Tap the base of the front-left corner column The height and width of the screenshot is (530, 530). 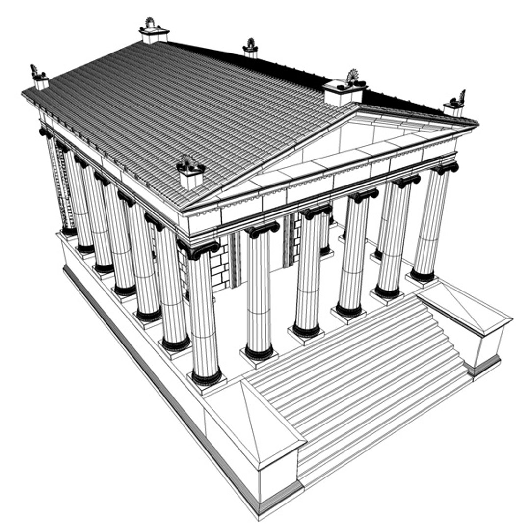coord(207,378)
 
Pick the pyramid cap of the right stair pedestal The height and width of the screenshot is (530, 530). coord(464,309)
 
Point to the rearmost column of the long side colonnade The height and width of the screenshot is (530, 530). coord(54,182)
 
